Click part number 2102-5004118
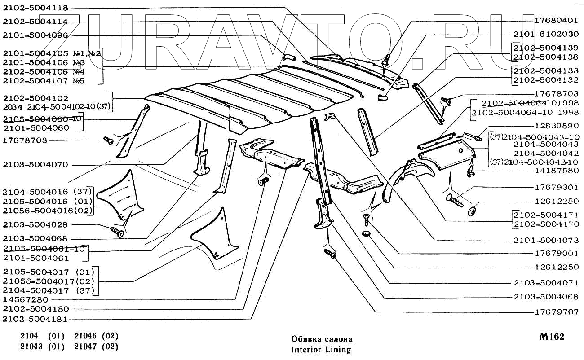coord(35,8)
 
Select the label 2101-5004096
coord(35,35)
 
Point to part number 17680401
coord(556,21)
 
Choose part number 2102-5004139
coord(545,48)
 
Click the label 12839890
coord(556,127)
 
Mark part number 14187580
coord(556,171)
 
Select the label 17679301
coord(556,187)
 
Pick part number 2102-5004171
coord(545,215)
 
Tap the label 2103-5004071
coord(545,283)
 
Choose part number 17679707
coord(556,311)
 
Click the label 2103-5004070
coord(35,165)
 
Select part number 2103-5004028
coord(35,224)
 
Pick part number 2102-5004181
coord(35,319)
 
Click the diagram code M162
coord(551,337)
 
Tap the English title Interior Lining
coord(321,349)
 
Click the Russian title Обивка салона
coord(322,339)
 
